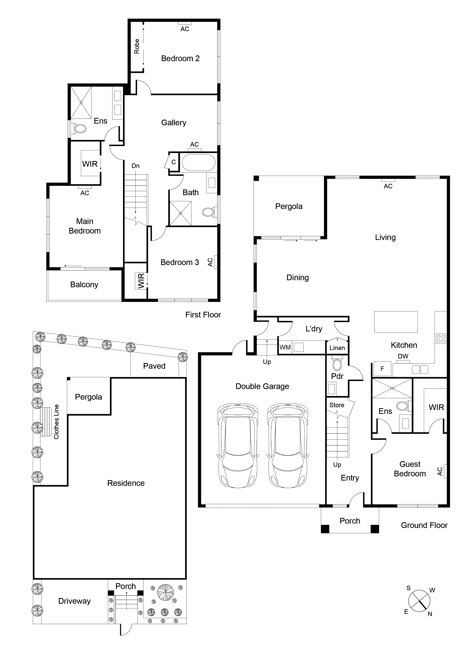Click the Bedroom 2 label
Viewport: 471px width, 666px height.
point(180,59)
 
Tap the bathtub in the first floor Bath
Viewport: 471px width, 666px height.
point(199,163)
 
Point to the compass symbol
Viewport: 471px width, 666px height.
point(419,601)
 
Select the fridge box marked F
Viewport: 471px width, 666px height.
point(382,369)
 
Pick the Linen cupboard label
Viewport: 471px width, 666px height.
point(337,348)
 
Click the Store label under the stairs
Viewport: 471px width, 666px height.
point(337,405)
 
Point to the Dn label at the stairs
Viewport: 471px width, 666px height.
point(135,166)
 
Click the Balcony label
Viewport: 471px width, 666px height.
point(84,285)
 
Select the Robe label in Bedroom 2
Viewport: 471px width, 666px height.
point(137,46)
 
